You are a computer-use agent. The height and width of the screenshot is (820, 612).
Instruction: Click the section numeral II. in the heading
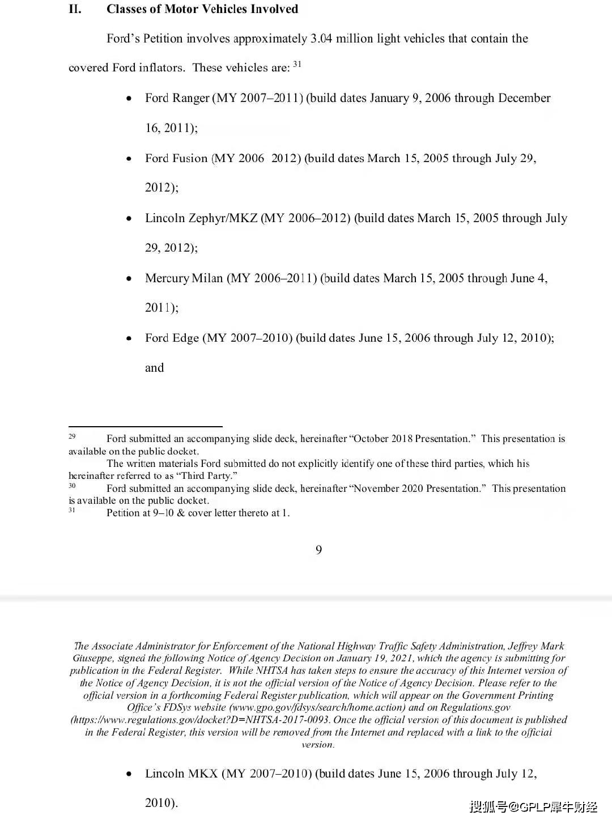click(x=75, y=9)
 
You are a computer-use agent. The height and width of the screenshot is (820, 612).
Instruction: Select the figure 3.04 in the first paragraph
click(x=321, y=39)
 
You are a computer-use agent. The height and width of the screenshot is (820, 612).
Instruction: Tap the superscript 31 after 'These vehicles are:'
click(x=297, y=64)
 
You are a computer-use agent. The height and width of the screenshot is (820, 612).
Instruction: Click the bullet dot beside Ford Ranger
click(x=129, y=99)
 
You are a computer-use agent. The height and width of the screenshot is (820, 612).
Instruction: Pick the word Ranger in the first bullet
click(x=193, y=98)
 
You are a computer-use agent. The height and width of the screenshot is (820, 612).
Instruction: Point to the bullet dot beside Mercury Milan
click(x=129, y=279)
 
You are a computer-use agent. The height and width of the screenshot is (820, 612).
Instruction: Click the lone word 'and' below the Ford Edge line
click(x=154, y=368)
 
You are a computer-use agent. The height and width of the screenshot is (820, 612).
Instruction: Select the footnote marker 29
click(x=72, y=436)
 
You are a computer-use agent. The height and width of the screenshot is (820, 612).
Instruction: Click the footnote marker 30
click(x=72, y=486)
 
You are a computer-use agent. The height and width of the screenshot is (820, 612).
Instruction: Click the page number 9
click(x=318, y=550)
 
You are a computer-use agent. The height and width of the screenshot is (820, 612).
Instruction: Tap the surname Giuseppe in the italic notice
click(x=93, y=658)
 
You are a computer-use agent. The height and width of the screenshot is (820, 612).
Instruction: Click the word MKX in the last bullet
click(x=199, y=774)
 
